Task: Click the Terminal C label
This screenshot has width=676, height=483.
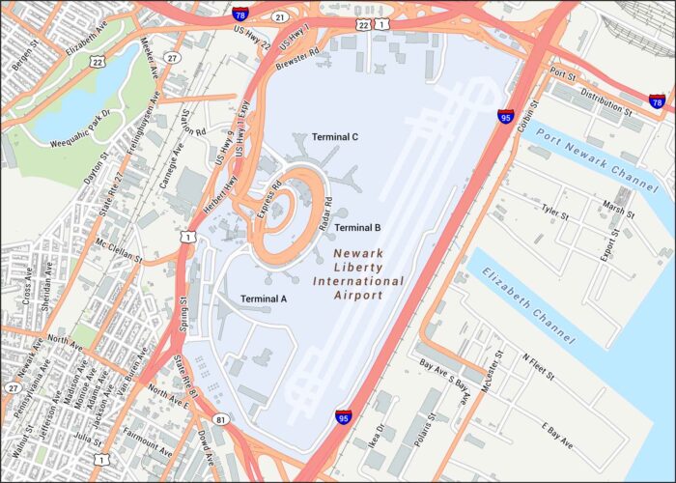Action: tap(335, 137)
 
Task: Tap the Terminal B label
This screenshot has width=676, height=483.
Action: tap(358, 228)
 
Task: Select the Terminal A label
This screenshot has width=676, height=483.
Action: tap(264, 298)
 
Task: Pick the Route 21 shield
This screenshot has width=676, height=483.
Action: tap(280, 17)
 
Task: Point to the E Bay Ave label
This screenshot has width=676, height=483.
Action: tap(557, 434)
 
